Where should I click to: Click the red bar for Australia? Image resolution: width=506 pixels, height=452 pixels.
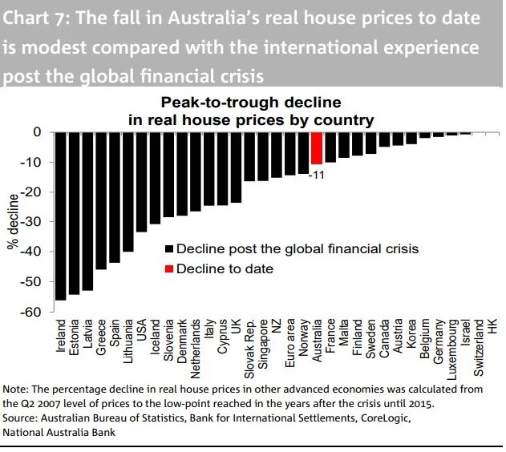[317, 147]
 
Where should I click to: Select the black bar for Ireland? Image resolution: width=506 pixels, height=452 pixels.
[60, 216]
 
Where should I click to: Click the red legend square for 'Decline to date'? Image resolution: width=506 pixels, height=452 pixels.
[168, 268]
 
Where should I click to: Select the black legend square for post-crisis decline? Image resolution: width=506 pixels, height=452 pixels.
[168, 249]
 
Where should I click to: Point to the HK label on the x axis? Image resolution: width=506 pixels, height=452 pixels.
[493, 327]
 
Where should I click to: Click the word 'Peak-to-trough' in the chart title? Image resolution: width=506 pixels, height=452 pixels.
[208, 103]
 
